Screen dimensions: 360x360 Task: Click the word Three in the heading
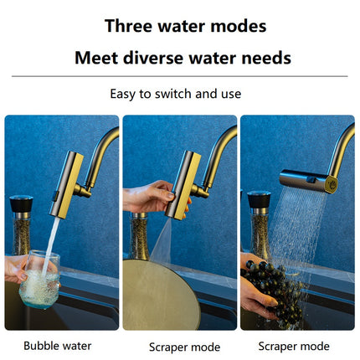coord(128,26)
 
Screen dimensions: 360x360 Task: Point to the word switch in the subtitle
coord(173,94)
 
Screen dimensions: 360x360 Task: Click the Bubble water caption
coord(58,346)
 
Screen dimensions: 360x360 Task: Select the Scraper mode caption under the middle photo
coord(184,347)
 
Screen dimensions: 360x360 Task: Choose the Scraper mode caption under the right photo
coord(294,347)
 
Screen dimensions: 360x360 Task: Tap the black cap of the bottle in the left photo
coord(21,203)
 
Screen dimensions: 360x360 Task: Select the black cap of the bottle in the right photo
coord(259,199)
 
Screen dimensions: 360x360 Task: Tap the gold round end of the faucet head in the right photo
coord(331,184)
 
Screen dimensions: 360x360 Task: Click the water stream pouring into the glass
coord(50,246)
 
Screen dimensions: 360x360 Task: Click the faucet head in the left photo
coord(66,185)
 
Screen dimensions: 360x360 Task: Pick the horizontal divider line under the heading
coord(180,76)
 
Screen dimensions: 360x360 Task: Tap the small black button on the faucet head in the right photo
coord(310,178)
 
